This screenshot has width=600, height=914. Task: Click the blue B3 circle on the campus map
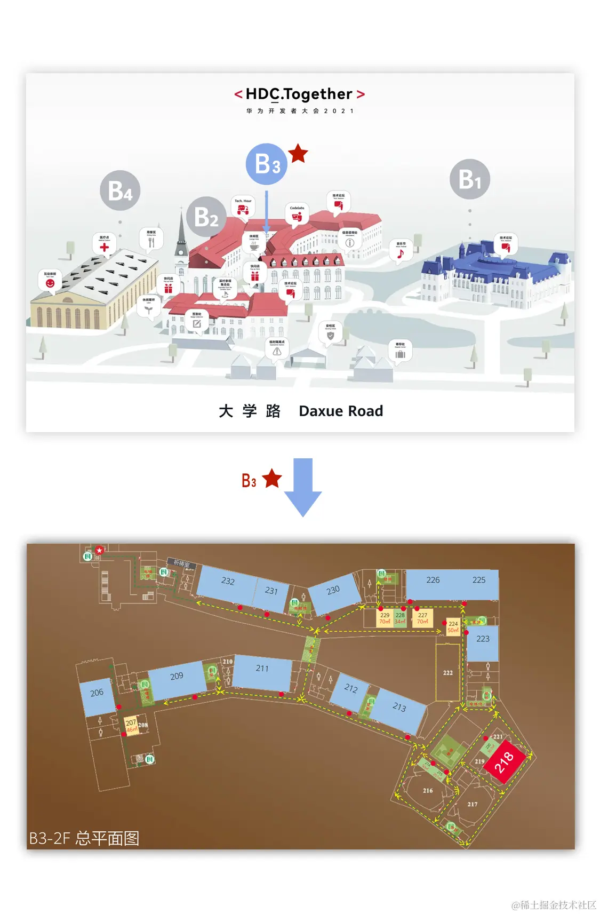click(266, 164)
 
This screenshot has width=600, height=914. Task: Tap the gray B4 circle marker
click(120, 190)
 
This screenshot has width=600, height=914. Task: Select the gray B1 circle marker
click(469, 179)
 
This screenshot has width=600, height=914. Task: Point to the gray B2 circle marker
click(206, 217)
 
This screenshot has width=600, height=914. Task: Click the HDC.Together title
click(300, 94)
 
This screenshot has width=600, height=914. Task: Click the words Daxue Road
click(340, 411)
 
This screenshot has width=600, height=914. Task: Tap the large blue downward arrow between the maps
click(303, 486)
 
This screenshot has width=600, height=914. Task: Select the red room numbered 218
click(504, 761)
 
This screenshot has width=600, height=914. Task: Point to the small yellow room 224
click(453, 627)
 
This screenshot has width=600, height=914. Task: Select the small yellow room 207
click(131, 726)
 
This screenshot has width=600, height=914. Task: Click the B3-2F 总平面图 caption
click(84, 838)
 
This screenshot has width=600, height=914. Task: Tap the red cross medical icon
click(104, 247)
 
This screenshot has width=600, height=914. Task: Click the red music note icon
click(401, 254)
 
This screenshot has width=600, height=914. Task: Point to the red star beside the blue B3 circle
click(298, 154)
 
